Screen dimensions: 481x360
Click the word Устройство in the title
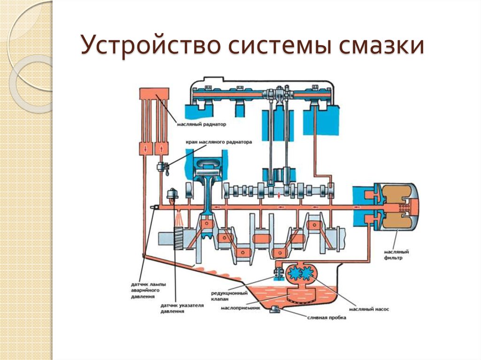tap(151, 46)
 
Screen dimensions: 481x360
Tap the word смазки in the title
tap(381, 46)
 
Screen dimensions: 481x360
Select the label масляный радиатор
tap(201, 124)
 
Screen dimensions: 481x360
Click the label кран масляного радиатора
tap(219, 142)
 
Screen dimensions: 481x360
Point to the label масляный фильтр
tap(396, 255)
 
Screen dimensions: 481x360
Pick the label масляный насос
tap(369, 309)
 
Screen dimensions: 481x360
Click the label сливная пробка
tap(326, 318)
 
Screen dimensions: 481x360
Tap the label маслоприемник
tap(240, 308)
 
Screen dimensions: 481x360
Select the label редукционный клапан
tap(229, 296)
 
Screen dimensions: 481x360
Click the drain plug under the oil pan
tap(274, 310)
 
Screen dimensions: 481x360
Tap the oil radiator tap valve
tap(162, 167)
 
